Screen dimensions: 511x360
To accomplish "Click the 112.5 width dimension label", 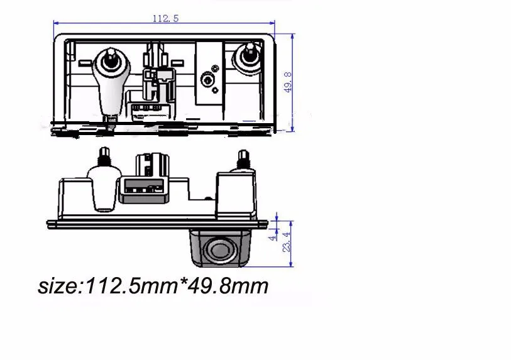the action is (165, 19).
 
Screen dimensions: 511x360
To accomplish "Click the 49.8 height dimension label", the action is (288, 82).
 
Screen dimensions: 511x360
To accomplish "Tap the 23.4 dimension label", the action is (286, 242).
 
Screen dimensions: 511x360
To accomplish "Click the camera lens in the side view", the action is (221, 250).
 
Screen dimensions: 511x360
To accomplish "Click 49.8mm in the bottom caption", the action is (228, 286).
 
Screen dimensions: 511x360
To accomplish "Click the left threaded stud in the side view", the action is (104, 156).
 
